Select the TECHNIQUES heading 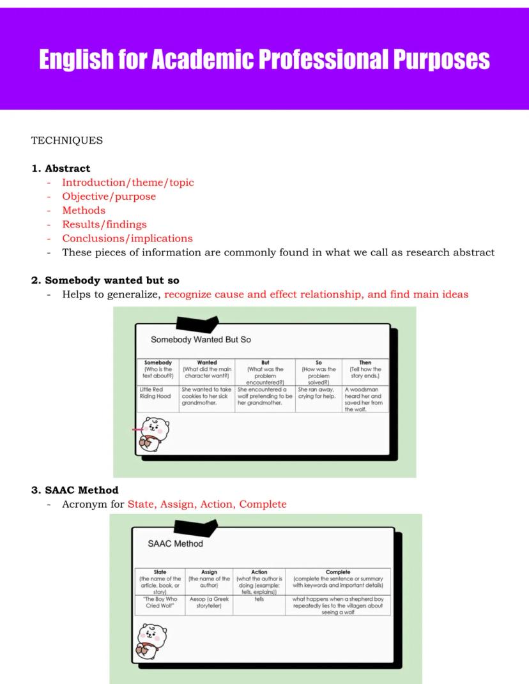pos(66,141)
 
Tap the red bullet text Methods pos(84,210)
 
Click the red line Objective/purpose pos(109,196)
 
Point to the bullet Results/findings pos(104,224)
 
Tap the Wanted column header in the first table pos(207,362)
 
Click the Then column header pos(365,362)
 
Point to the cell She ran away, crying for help pos(318,392)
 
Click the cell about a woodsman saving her pos(364,399)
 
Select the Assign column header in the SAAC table pos(209,572)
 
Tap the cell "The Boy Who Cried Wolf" pos(160,602)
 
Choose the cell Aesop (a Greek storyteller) pos(209,602)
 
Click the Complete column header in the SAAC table pos(338,572)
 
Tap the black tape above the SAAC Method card pos(195,527)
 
